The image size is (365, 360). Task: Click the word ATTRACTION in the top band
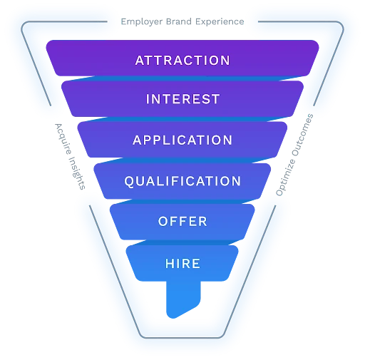pos(182,61)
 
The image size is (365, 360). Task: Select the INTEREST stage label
pos(182,99)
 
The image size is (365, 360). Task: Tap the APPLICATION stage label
pos(182,140)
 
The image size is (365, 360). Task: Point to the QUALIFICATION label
pos(182,181)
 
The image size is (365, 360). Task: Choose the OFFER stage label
pos(182,222)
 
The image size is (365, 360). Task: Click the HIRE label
pos(182,264)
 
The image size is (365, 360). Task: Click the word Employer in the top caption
pos(142,22)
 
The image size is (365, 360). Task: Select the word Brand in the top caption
pos(179,21)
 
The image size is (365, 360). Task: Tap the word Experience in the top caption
pos(220,22)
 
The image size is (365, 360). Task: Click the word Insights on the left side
pos(77,173)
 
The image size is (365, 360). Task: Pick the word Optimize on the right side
pos(286,178)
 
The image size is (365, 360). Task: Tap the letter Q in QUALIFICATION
pos(129,182)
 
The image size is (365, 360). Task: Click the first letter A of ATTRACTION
pos(140,61)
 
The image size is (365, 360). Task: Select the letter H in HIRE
pos(170,264)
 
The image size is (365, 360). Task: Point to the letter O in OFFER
pos(163,222)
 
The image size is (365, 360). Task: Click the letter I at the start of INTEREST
pos(148,99)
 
